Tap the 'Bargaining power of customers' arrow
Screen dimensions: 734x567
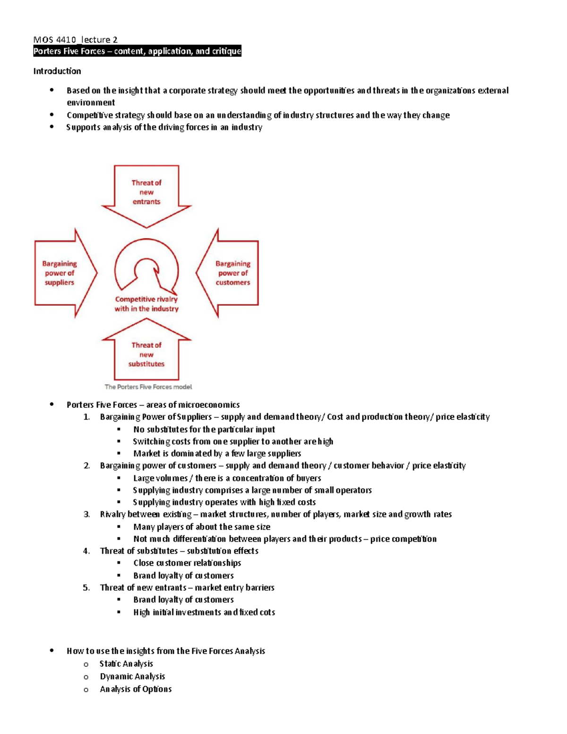tap(232, 273)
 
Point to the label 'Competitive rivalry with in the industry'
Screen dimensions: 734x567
tap(146, 304)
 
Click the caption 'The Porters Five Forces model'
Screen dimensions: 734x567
tap(148, 387)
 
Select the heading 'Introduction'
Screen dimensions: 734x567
tap(57, 71)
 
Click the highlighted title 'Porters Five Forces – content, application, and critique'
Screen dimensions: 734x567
tap(137, 51)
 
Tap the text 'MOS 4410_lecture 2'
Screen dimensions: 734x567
tap(76, 40)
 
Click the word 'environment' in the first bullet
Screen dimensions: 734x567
tap(91, 103)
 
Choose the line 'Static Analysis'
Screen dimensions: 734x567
tap(126, 664)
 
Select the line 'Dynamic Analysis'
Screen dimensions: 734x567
tap(132, 676)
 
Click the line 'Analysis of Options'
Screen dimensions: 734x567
tap(136, 689)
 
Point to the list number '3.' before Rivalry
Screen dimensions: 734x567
tap(86, 514)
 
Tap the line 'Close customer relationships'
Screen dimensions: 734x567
tap(187, 563)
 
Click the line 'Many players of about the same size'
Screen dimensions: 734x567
tap(202, 527)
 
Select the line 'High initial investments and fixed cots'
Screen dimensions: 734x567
tap(204, 612)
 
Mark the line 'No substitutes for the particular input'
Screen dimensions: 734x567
tap(204, 429)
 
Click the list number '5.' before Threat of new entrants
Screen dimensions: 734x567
tap(86, 587)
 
